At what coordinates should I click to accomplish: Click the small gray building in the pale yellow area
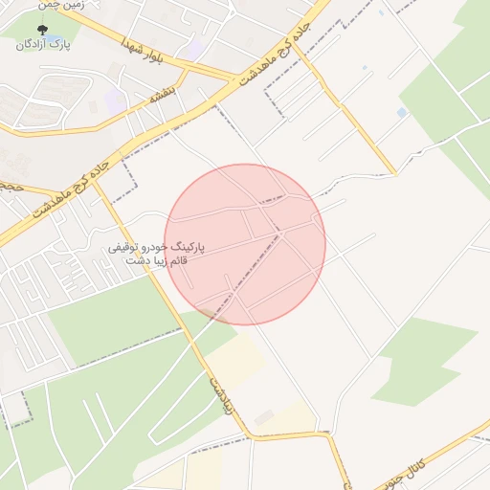pos(264,415)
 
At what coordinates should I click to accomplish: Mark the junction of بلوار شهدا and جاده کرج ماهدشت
pos(235,79)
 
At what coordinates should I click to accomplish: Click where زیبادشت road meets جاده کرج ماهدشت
pos(96,182)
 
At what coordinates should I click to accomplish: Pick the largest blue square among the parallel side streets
pos(401,113)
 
